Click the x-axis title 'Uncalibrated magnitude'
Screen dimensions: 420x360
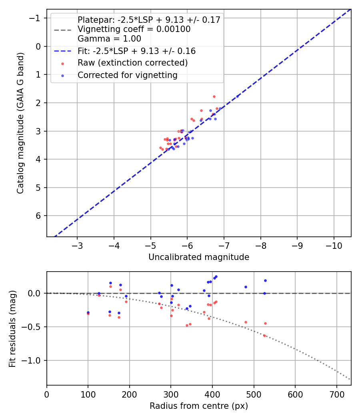coord(199,257)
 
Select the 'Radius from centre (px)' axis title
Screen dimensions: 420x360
coord(199,406)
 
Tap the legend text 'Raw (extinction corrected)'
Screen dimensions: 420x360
coord(132,63)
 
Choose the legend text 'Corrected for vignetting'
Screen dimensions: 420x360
coord(127,75)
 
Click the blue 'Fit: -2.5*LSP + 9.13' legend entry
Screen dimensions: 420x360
coord(136,51)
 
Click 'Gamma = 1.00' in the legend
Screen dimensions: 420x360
coord(109,39)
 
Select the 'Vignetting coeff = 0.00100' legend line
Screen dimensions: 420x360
coord(134,29)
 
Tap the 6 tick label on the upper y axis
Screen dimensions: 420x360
coord(39,216)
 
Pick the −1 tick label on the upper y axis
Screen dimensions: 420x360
coord(36,18)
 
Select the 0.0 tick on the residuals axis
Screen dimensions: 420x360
coord(36,293)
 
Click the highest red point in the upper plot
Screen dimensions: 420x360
coord(214,96)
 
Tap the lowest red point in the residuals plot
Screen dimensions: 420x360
coord(264,336)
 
